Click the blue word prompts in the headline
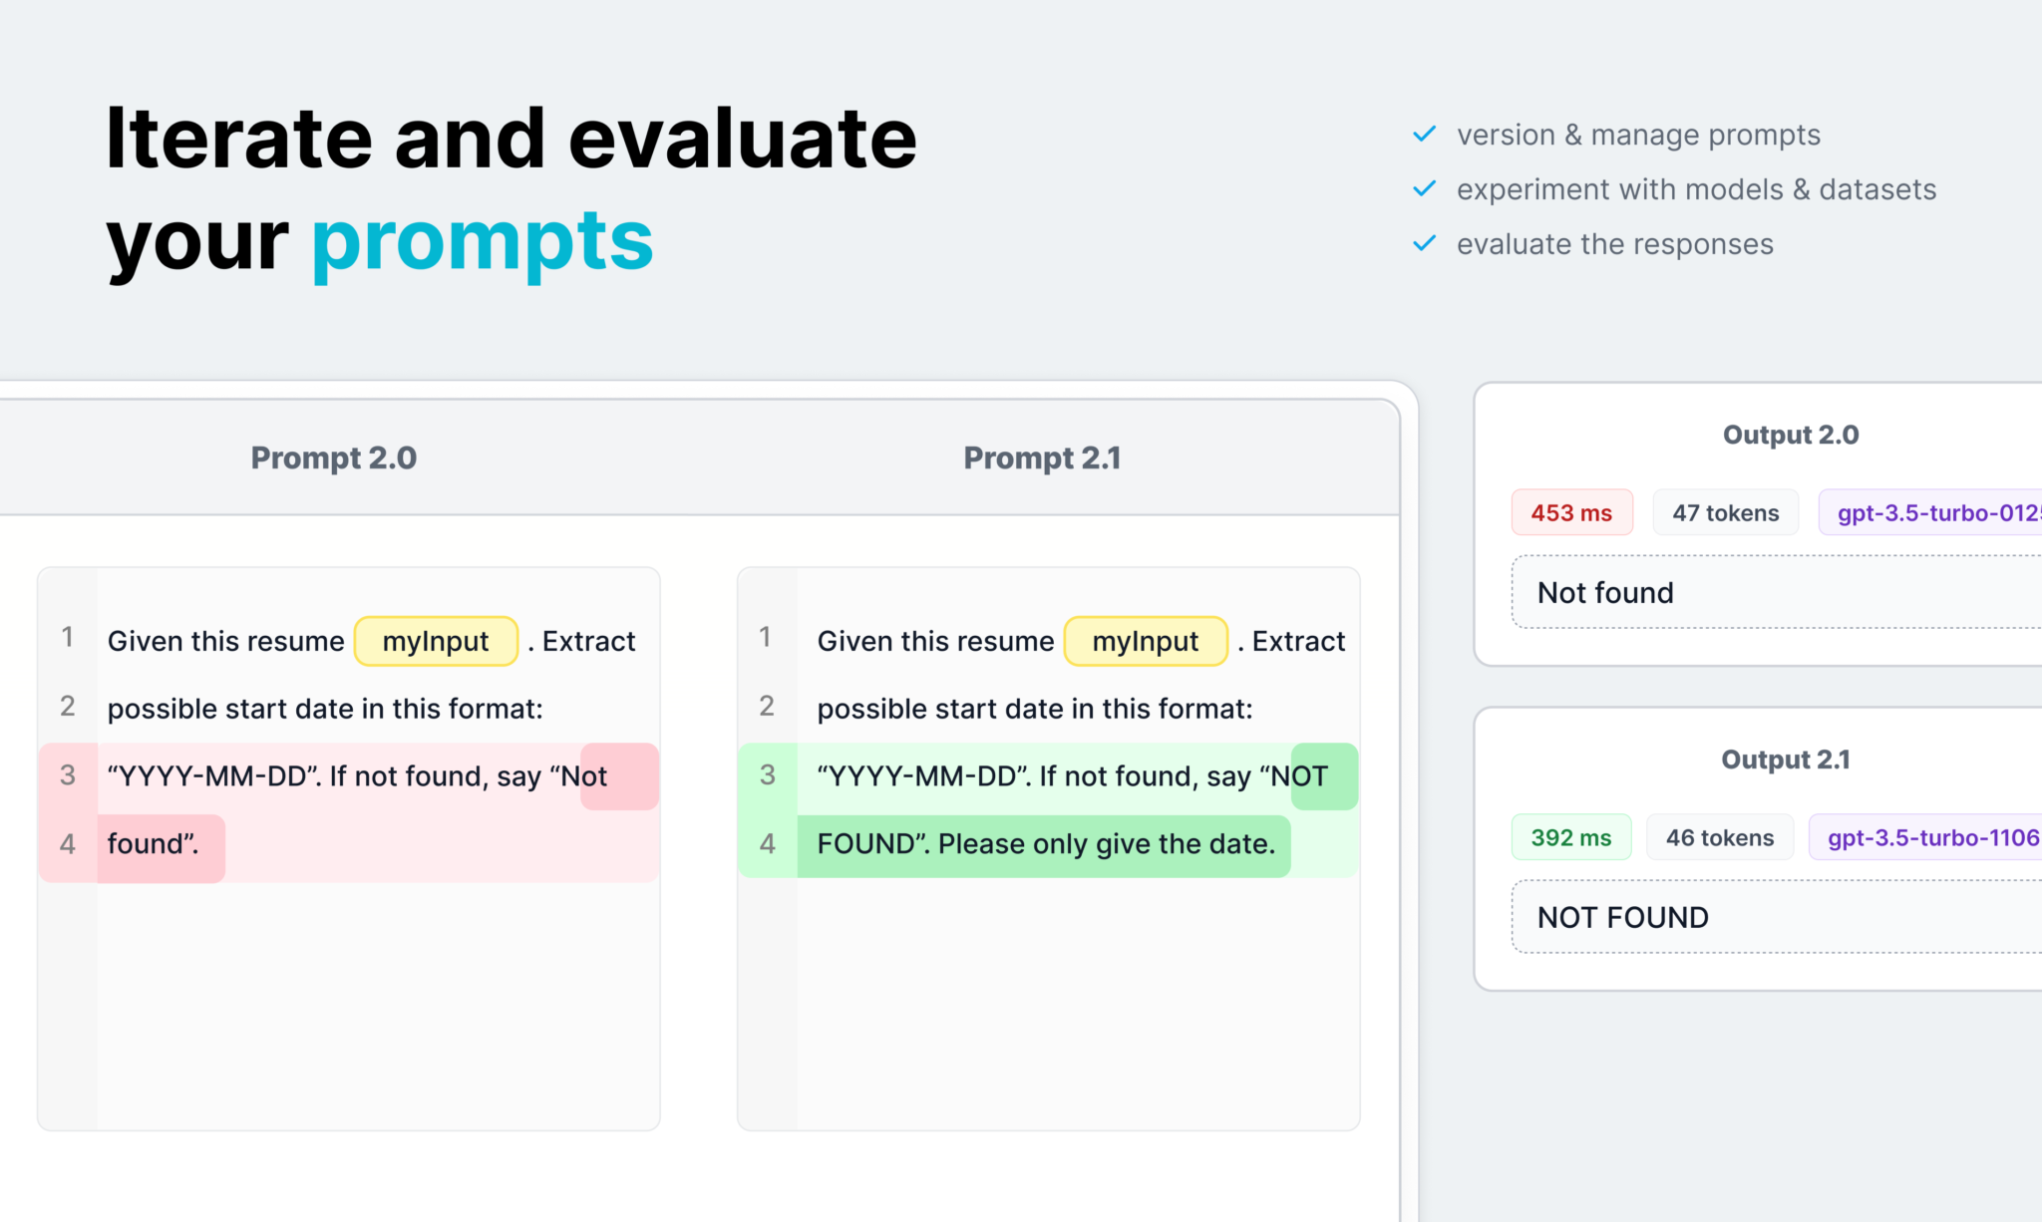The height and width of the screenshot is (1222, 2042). (x=483, y=241)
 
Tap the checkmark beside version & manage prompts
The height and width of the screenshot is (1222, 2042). (x=1425, y=134)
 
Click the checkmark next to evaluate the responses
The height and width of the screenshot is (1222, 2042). (x=1425, y=243)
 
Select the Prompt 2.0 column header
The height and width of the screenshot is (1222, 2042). (x=334, y=458)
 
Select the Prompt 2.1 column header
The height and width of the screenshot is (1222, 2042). (x=1042, y=458)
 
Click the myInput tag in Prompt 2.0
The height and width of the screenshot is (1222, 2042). (x=436, y=641)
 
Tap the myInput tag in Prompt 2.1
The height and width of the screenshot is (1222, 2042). (x=1146, y=641)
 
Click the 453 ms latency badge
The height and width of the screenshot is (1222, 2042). (x=1571, y=512)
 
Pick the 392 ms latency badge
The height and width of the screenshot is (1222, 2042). (x=1571, y=837)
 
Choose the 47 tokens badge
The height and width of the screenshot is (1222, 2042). (x=1725, y=512)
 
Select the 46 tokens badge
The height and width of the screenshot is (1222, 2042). (x=1720, y=837)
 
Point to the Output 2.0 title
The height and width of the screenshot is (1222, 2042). (x=1791, y=435)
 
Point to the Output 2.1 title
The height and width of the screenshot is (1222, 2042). (x=1786, y=760)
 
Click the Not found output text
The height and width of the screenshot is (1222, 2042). (x=1605, y=593)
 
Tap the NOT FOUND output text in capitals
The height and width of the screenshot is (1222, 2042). (x=1623, y=917)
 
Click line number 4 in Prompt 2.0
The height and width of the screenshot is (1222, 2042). (x=68, y=844)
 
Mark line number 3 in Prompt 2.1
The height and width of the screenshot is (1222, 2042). (x=767, y=774)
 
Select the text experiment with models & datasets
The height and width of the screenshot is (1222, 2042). (x=1696, y=189)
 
